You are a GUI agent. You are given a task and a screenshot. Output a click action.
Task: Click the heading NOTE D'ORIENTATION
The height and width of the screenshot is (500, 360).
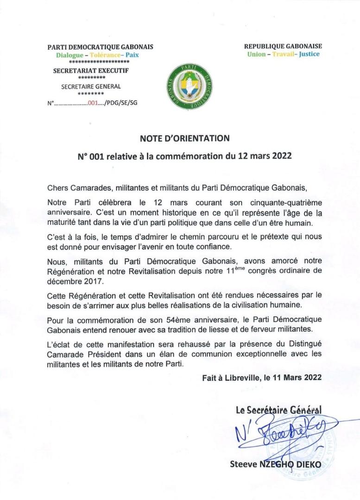pyautogui.click(x=184, y=138)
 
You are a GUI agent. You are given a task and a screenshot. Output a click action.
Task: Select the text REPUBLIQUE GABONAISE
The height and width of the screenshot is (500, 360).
pyautogui.click(x=283, y=46)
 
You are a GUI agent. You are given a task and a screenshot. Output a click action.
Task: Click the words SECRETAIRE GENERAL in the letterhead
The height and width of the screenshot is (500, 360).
pyautogui.click(x=91, y=86)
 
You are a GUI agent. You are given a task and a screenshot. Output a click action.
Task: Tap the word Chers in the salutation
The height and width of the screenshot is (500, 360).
pyautogui.click(x=57, y=188)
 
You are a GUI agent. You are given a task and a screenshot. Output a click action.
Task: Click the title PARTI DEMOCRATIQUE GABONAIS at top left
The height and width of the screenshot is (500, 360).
pyautogui.click(x=101, y=47)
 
